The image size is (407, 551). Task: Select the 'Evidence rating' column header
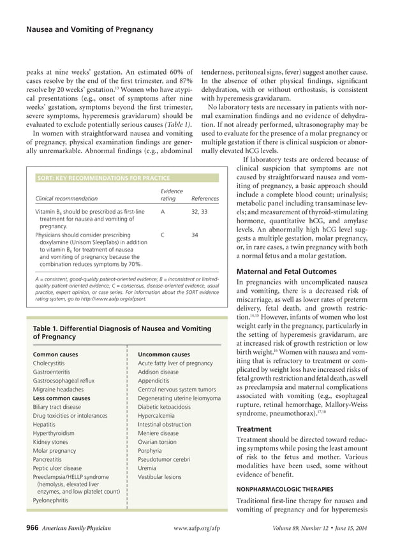pyautogui.click(x=172, y=195)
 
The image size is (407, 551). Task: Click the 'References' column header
pyautogui.click(x=205, y=198)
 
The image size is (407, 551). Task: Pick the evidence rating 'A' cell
pyautogui.click(x=163, y=210)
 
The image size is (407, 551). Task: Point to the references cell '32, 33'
pyautogui.click(x=200, y=210)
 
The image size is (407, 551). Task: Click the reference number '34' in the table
pyautogui.click(x=195, y=235)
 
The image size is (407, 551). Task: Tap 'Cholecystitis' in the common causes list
pyautogui.click(x=52, y=363)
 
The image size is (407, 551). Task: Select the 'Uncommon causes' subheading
pyautogui.click(x=163, y=354)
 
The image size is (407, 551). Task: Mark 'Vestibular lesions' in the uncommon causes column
pyautogui.click(x=159, y=476)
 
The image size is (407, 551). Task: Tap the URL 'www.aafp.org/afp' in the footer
pyautogui.click(x=201, y=529)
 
